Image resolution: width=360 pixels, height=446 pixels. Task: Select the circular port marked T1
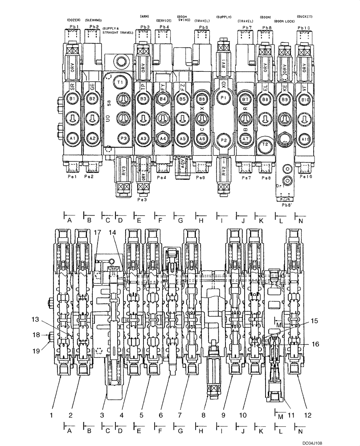119,82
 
